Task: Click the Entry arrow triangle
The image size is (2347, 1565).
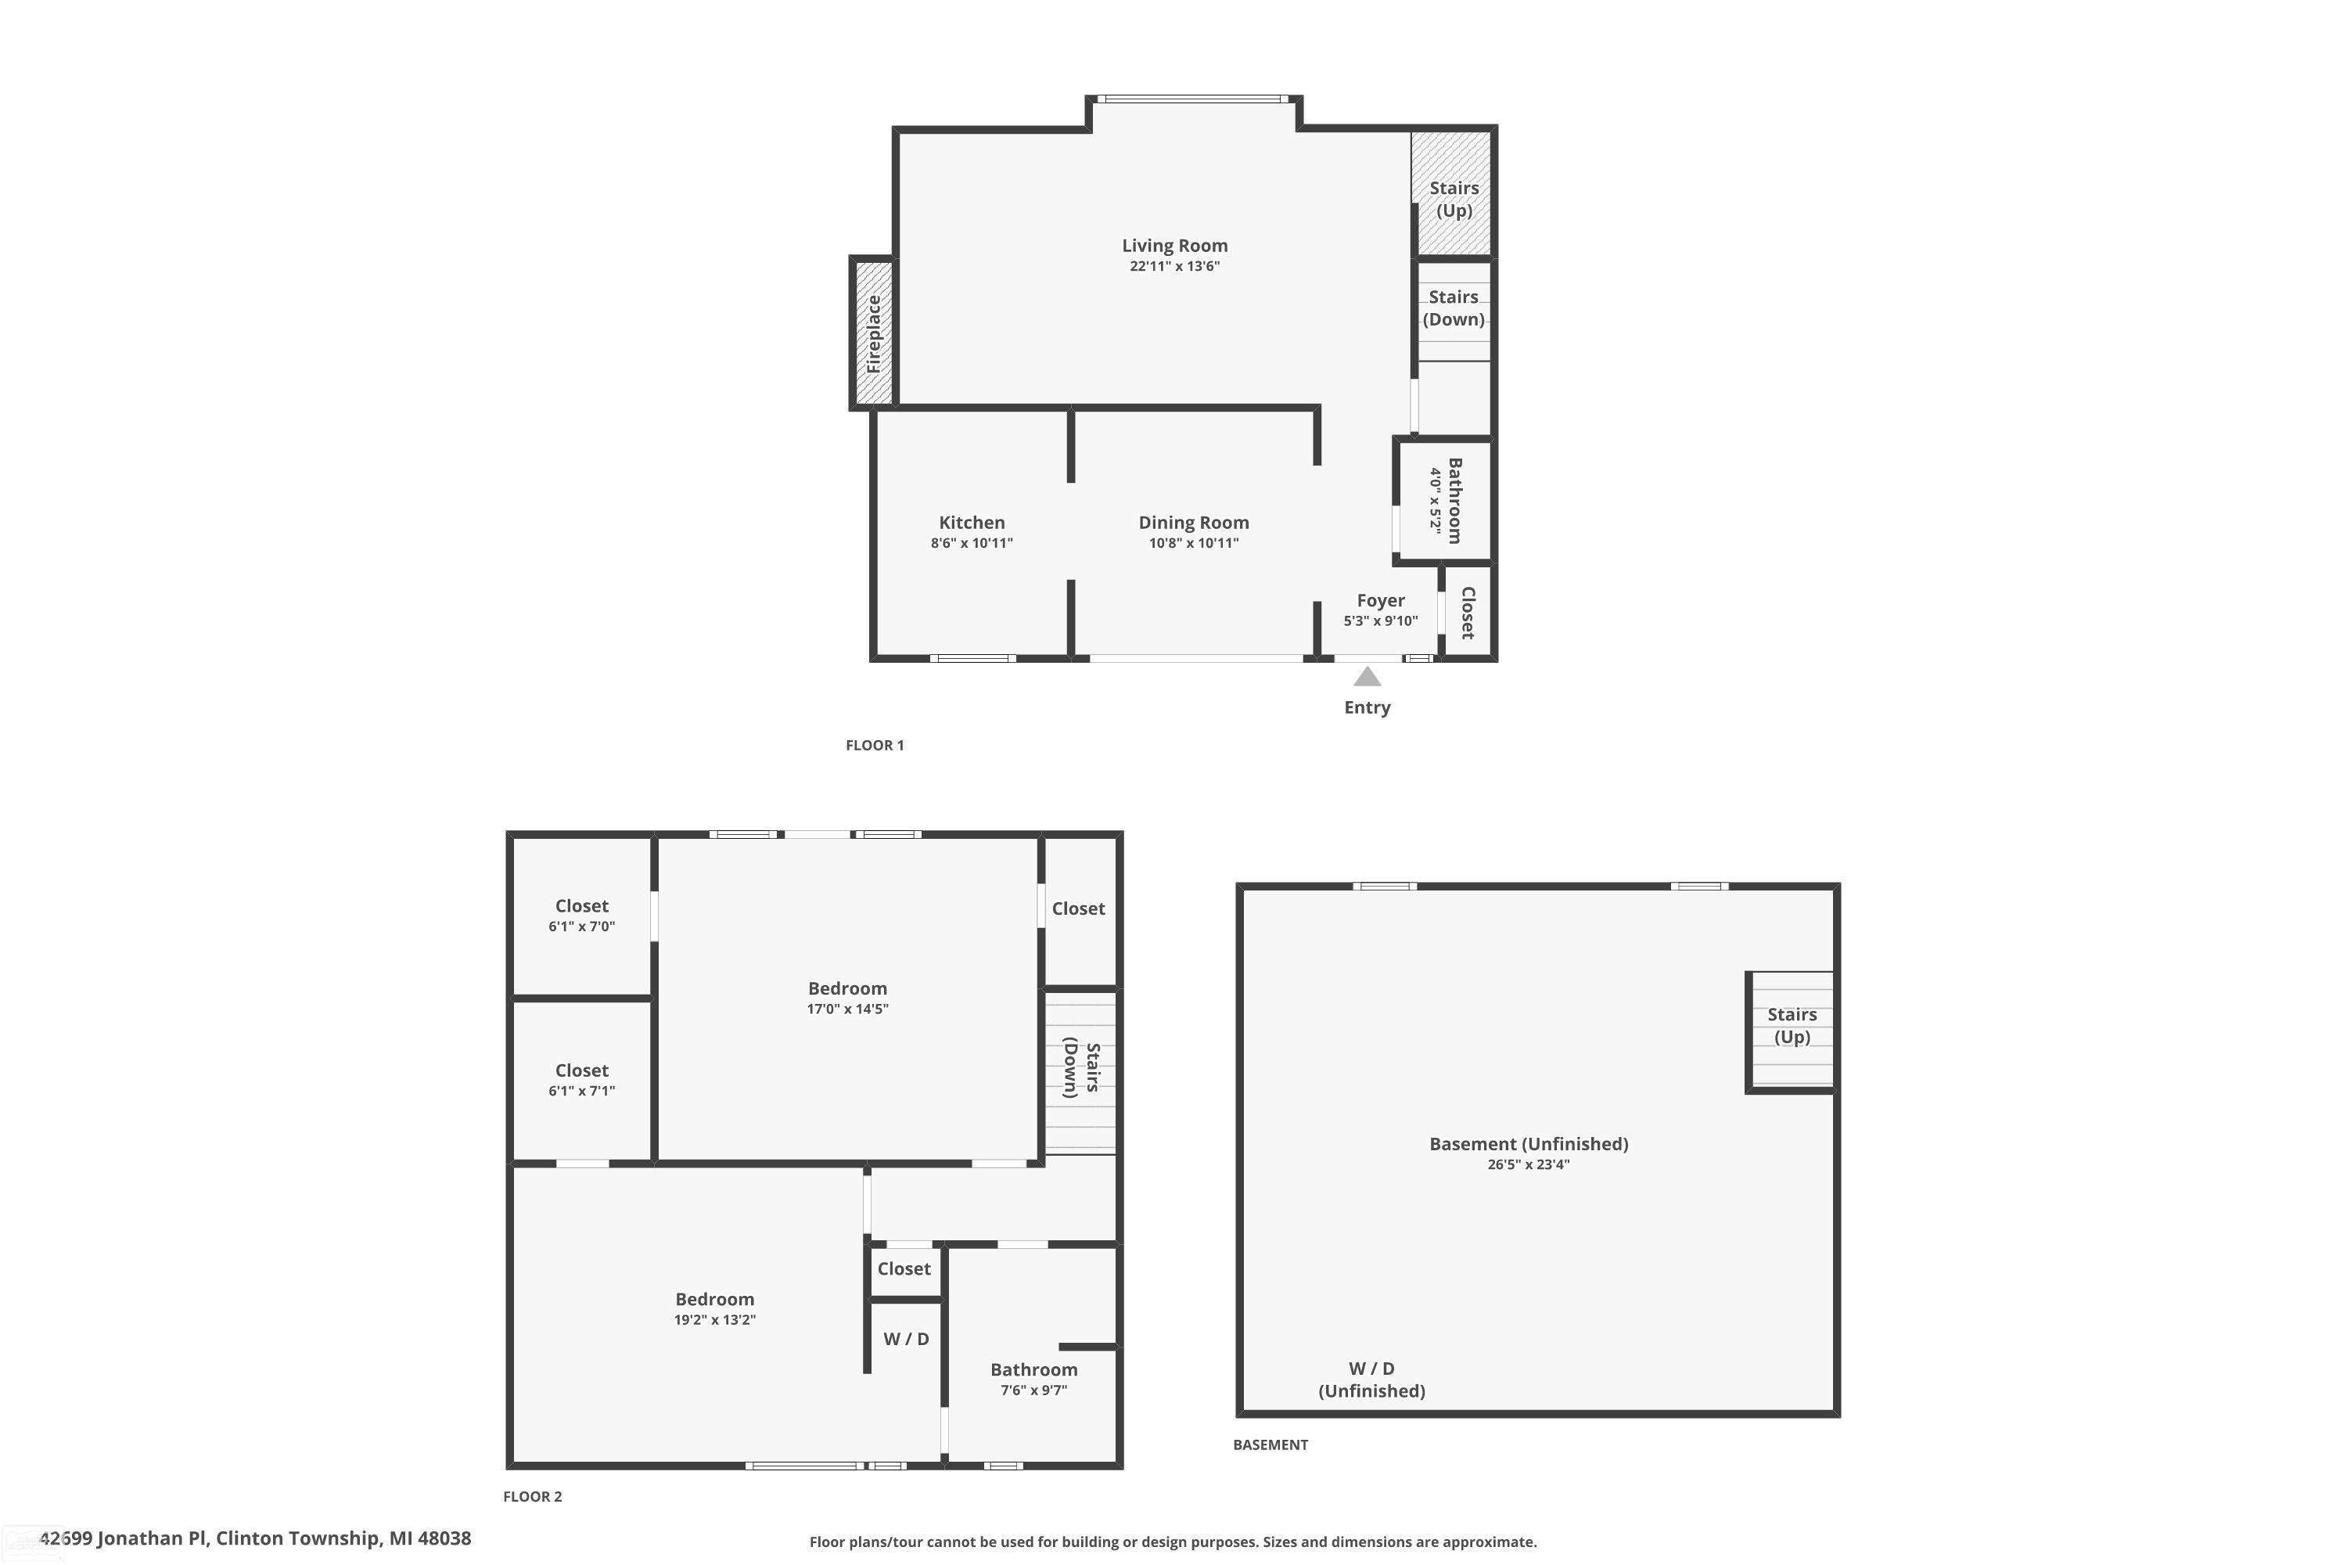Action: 1366,678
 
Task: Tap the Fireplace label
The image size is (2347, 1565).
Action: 873,333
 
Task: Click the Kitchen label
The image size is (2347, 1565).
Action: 971,522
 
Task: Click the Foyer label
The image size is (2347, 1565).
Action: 1380,600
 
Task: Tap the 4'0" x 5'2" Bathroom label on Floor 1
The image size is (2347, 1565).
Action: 1445,500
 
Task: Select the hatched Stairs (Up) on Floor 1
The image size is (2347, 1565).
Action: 1453,199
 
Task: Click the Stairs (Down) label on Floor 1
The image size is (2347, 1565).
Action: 1453,308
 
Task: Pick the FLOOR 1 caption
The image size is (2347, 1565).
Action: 874,745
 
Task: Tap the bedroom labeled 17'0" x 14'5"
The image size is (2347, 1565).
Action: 847,997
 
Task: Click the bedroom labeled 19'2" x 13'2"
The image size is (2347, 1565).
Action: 714,1308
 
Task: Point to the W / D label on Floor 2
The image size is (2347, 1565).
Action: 905,1338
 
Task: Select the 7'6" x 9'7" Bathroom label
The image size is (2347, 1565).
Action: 1033,1378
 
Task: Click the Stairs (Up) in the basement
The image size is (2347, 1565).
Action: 1792,1025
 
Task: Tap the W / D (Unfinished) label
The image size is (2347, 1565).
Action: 1371,1380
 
